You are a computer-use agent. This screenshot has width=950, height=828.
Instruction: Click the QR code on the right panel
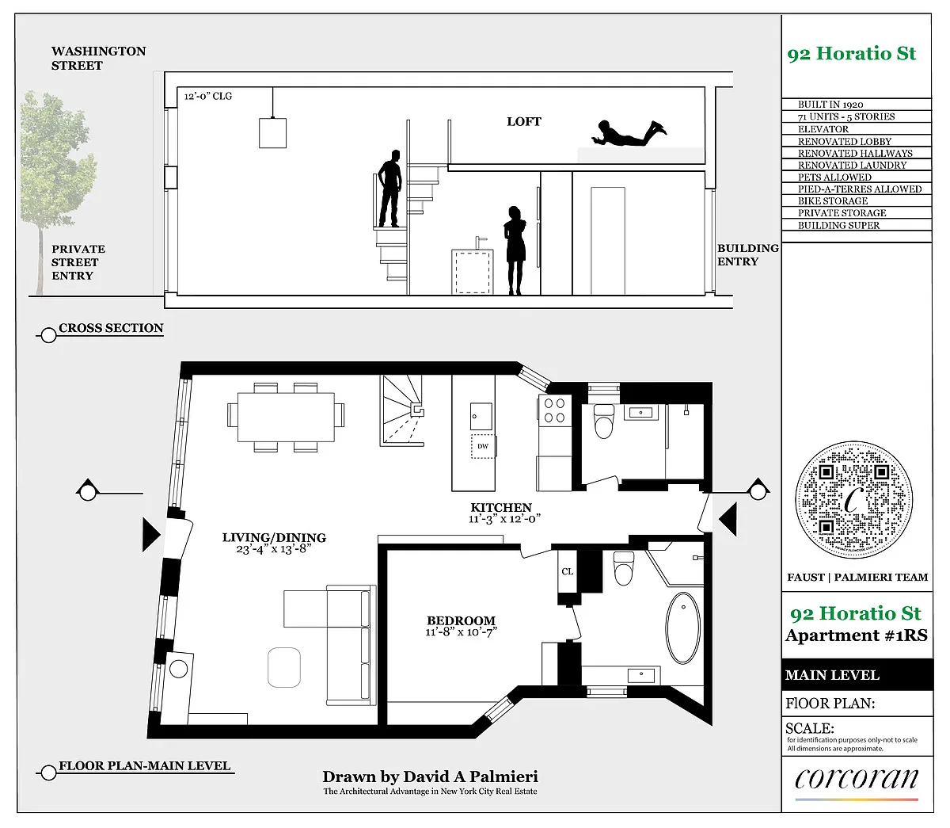tap(853, 499)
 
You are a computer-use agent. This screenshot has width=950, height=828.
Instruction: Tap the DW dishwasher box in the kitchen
tap(483, 447)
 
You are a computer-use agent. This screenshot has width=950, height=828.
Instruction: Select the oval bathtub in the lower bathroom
tap(682, 628)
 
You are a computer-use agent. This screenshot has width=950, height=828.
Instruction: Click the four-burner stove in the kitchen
tap(554, 410)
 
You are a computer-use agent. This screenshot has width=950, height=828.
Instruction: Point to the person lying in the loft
tap(629, 134)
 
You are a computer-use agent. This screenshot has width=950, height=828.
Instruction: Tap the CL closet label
tap(568, 571)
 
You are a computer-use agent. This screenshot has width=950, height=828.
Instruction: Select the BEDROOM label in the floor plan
tap(461, 620)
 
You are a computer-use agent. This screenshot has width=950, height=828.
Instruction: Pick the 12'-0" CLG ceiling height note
tap(208, 96)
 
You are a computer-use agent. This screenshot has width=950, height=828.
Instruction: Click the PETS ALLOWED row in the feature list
tap(834, 177)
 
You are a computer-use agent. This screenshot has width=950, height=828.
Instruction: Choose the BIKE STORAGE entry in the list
tap(833, 200)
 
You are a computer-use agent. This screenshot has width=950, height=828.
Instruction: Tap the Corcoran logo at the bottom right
tap(857, 779)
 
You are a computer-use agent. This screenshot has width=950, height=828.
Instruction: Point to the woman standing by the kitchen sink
tap(515, 250)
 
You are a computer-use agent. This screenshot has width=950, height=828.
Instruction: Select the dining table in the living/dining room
tap(286, 418)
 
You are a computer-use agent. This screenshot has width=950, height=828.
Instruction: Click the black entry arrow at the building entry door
tap(728, 519)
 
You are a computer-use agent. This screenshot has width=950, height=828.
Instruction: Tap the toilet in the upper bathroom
tap(603, 421)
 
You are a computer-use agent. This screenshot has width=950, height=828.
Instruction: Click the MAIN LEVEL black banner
tap(857, 674)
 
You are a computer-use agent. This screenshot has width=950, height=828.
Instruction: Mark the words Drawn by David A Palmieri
tap(430, 776)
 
